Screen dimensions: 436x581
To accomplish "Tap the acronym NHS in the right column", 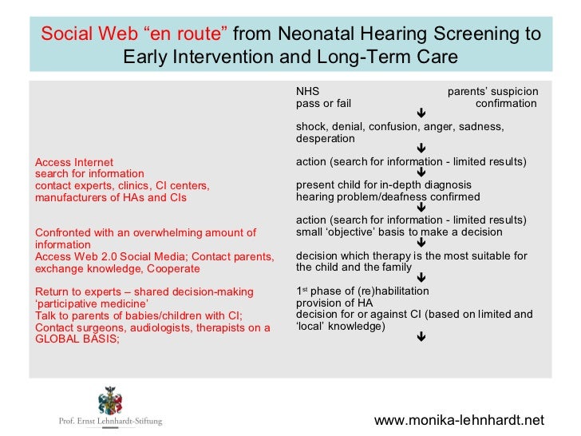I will tap(307, 91).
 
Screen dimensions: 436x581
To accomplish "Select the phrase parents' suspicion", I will tap(492, 91).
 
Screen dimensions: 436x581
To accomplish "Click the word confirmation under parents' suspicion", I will tap(506, 103).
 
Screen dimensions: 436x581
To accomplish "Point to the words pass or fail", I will tap(323, 103).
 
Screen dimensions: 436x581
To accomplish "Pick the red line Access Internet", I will tap(74, 162).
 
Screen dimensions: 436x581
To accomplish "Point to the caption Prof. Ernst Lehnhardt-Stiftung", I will tap(111, 421).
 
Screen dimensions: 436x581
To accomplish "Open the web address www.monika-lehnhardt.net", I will tap(459, 420).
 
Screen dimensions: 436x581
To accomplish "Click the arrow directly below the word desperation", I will tap(421, 149).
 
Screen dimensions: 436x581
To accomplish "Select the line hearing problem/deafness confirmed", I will tap(388, 196).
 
